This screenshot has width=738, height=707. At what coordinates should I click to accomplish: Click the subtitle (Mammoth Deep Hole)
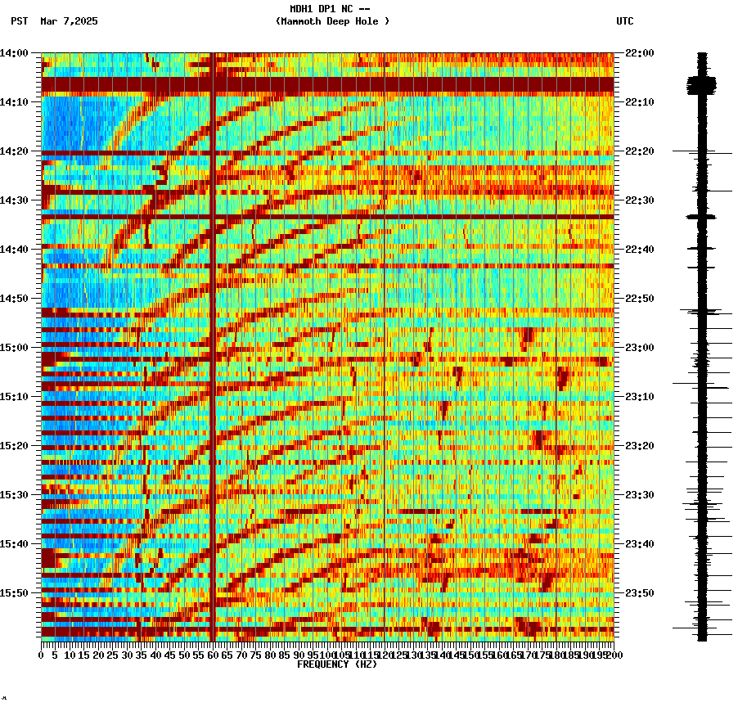click(x=332, y=21)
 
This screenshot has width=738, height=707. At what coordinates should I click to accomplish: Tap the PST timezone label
click(x=20, y=21)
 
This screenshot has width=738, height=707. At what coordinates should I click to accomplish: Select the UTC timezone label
click(x=624, y=21)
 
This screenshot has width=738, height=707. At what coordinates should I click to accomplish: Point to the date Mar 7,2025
click(x=69, y=21)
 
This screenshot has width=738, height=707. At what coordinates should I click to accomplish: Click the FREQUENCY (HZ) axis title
click(x=336, y=664)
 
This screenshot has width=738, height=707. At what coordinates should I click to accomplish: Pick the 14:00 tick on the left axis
click(x=15, y=53)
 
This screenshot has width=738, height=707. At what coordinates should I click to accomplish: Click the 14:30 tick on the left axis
click(x=15, y=200)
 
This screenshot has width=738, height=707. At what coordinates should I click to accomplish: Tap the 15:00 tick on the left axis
click(x=15, y=348)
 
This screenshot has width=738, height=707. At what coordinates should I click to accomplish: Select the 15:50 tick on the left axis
click(x=15, y=593)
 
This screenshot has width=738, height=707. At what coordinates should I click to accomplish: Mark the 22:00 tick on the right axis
click(x=639, y=53)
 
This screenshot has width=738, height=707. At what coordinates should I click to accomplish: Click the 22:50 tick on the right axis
click(x=639, y=299)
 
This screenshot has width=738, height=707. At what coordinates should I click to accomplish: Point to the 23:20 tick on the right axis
click(x=639, y=446)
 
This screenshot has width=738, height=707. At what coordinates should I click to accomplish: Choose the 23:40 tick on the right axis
click(x=639, y=544)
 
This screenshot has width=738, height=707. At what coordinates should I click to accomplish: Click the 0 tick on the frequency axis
click(x=42, y=655)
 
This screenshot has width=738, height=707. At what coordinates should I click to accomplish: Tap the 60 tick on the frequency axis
click(x=213, y=655)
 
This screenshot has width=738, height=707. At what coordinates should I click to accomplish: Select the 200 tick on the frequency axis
click(x=614, y=655)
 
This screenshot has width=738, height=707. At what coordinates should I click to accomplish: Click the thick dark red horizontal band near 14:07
click(x=327, y=84)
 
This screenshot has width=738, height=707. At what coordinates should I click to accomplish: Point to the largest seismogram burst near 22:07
click(x=701, y=83)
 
